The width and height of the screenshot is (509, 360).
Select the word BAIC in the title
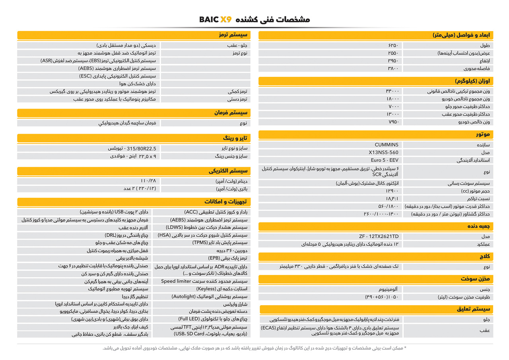(208, 19)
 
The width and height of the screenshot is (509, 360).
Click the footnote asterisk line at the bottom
(254, 348)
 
